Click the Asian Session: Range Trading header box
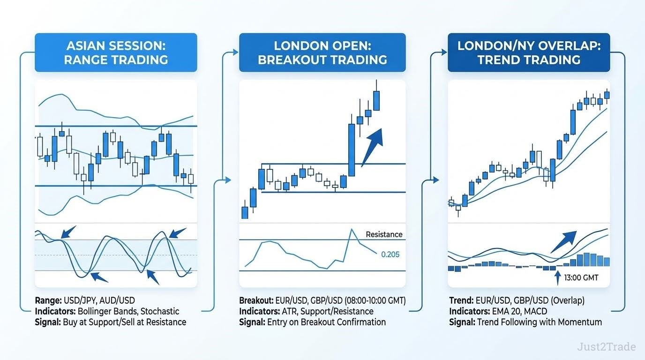click(116, 52)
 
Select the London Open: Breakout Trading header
click(322, 52)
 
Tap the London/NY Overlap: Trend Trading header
click(529, 52)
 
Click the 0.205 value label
click(390, 255)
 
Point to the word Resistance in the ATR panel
click(384, 234)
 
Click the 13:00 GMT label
click(581, 277)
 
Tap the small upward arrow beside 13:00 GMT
click(558, 277)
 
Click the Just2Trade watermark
click(607, 346)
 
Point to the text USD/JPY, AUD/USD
click(99, 300)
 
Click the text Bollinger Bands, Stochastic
click(128, 311)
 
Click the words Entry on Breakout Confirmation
click(327, 322)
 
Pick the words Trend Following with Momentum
click(540, 322)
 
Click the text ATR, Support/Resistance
click(327, 311)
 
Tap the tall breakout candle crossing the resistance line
click(351, 150)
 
